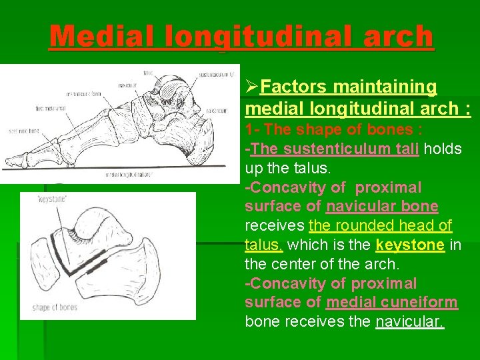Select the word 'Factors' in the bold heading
[x=294, y=87]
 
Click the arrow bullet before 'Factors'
[x=252, y=87]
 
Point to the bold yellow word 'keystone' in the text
[x=410, y=245]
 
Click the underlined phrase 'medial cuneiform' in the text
[x=391, y=302]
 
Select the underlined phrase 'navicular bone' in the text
[x=382, y=207]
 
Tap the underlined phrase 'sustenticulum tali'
[x=335, y=149]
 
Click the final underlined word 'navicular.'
[x=409, y=322]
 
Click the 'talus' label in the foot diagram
[x=148, y=72]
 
